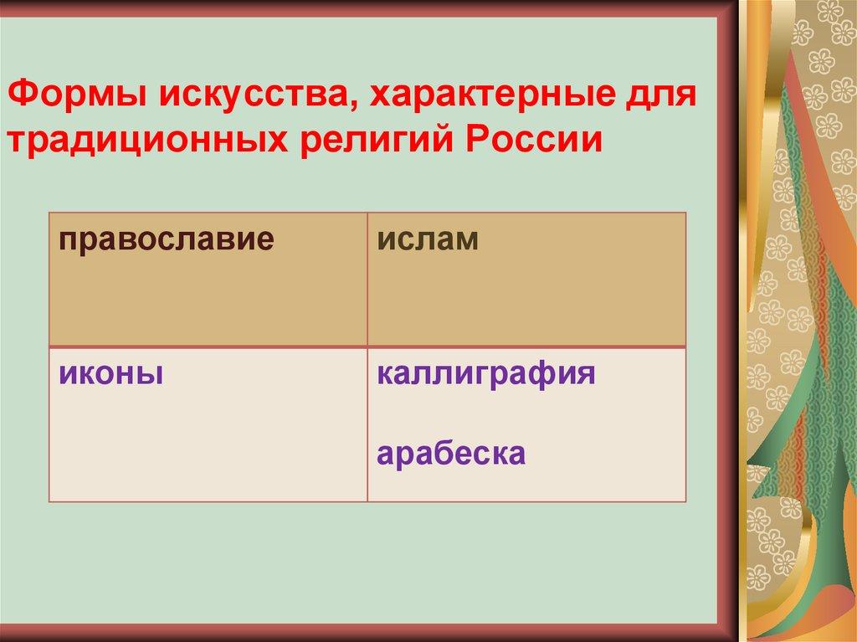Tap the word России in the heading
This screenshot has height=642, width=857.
[540, 137]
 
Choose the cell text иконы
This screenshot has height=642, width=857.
[110, 372]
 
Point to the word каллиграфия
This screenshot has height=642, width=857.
[486, 373]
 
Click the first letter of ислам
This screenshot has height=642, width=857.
[383, 239]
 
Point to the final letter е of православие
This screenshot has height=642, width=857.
[267, 239]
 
